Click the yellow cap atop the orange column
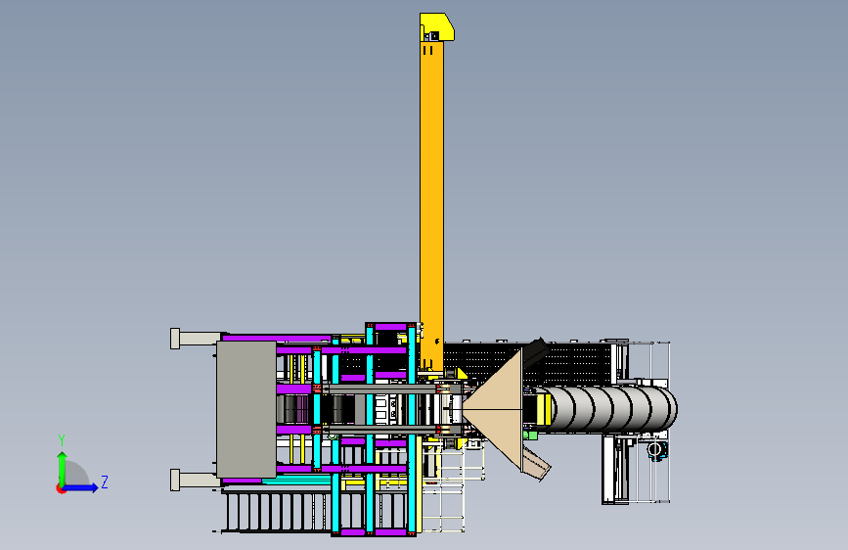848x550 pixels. (437, 27)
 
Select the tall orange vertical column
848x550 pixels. (431, 206)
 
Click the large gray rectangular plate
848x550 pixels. (246, 409)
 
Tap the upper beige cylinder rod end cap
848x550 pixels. (175, 339)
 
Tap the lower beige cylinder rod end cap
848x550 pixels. (175, 481)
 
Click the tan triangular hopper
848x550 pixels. (493, 410)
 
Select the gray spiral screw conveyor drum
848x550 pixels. (608, 409)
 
